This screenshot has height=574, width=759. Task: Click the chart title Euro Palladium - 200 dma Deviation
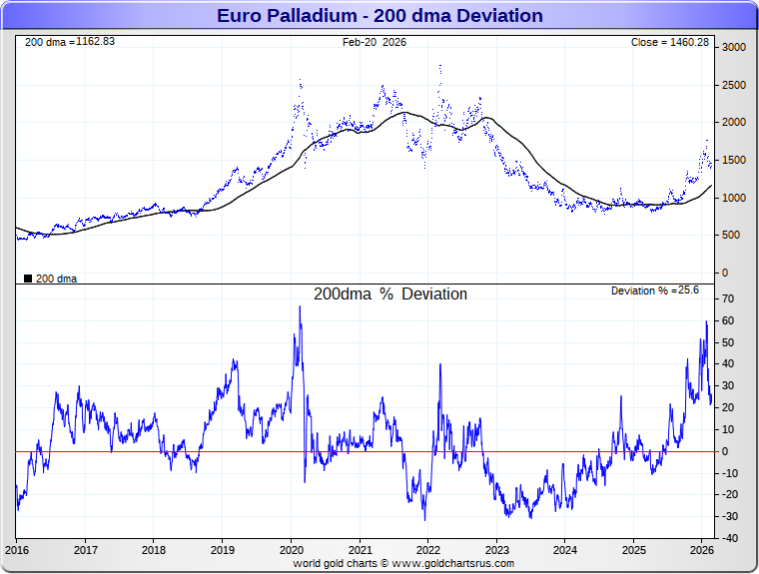(x=379, y=16)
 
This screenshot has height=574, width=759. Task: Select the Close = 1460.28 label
(x=670, y=42)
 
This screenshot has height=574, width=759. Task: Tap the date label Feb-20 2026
(x=375, y=42)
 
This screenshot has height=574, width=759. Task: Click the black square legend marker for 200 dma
(x=27, y=279)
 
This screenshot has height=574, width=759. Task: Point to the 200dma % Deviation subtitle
(x=390, y=294)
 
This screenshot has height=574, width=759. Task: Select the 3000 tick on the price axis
(x=734, y=47)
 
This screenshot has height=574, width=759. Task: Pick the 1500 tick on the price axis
(x=734, y=160)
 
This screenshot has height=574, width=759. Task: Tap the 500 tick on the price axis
(x=731, y=236)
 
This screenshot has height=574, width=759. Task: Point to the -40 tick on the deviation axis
(x=730, y=538)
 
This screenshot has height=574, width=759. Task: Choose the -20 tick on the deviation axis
(x=730, y=495)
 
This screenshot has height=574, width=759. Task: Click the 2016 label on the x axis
(x=17, y=549)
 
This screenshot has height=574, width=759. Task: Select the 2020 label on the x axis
(x=292, y=549)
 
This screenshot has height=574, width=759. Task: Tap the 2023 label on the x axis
(x=497, y=549)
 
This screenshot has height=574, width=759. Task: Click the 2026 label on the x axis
(x=702, y=549)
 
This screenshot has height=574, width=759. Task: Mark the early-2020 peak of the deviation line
(x=300, y=307)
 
